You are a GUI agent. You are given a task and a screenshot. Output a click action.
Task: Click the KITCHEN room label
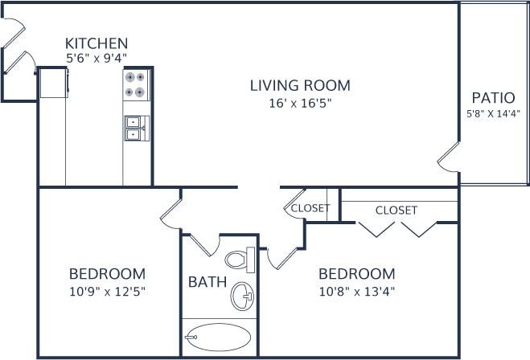(x=97, y=43)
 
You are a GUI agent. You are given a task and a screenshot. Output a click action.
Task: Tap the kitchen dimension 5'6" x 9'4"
(x=97, y=58)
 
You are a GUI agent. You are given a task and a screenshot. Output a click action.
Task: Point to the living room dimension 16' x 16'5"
(x=299, y=103)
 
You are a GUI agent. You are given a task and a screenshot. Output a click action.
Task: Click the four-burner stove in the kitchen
(x=136, y=84)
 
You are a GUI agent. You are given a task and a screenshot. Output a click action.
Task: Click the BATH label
(x=207, y=283)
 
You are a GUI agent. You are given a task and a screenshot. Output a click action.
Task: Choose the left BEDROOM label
(x=107, y=273)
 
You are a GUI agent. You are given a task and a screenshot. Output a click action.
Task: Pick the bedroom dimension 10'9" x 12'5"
(x=107, y=290)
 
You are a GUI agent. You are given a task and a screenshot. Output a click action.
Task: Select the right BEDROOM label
(x=357, y=273)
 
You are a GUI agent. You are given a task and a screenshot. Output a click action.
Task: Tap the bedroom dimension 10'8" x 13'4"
(x=357, y=290)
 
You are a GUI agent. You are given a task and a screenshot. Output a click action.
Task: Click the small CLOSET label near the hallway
(x=310, y=208)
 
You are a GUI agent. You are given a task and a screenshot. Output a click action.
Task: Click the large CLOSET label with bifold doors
(x=396, y=211)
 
